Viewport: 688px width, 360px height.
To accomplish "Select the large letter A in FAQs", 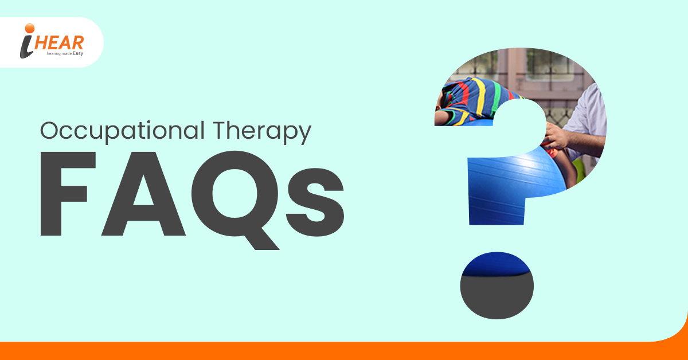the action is (x=143, y=194).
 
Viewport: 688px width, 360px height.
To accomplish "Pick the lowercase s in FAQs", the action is (x=315, y=202).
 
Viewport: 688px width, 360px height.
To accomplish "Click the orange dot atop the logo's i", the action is (x=30, y=28).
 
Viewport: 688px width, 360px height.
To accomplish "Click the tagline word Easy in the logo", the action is (x=78, y=54).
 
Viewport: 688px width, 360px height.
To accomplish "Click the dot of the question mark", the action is (x=497, y=285).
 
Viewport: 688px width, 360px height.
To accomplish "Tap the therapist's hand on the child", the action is (x=557, y=136).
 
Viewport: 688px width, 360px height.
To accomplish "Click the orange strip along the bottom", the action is (x=344, y=351).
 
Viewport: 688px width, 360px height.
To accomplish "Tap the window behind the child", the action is (x=550, y=65).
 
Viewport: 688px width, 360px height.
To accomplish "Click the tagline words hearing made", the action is (x=59, y=54).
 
